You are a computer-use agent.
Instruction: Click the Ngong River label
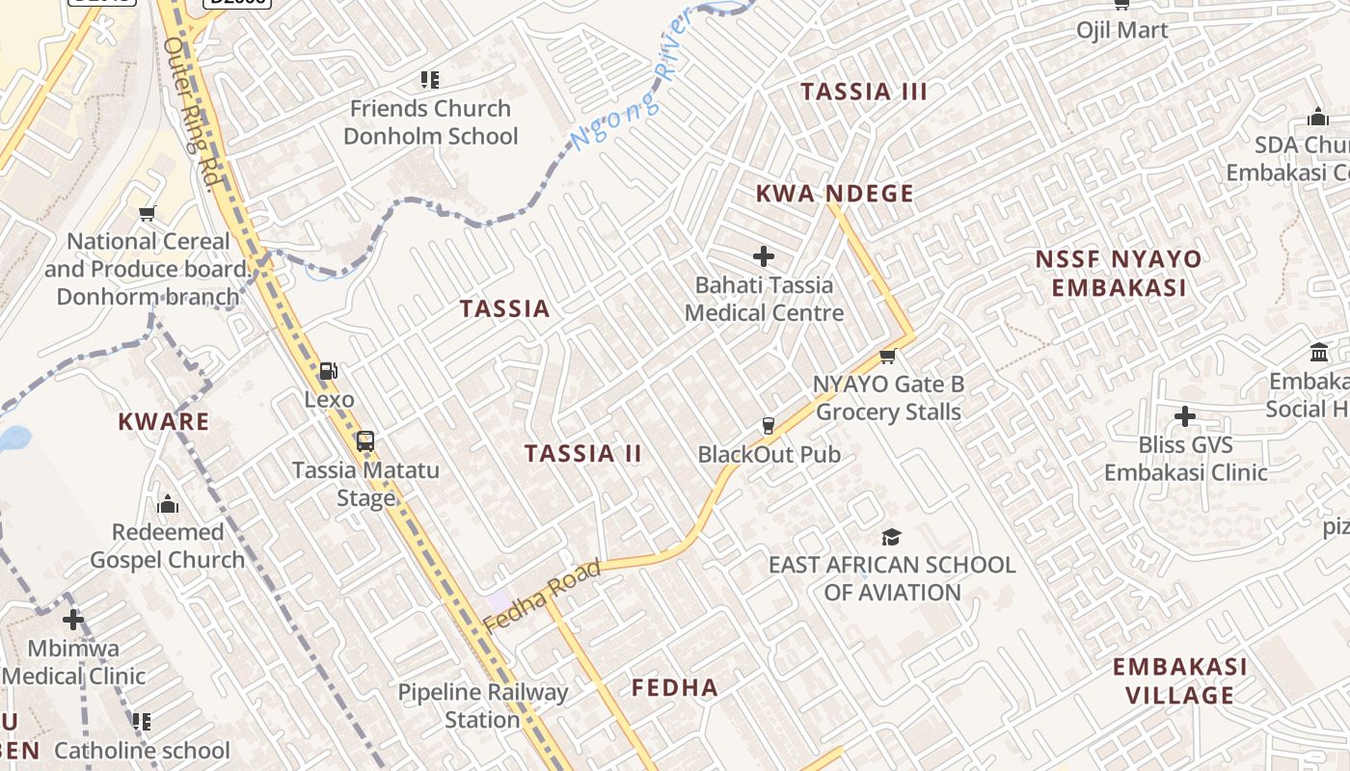tap(633, 80)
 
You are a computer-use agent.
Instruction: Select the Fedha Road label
tap(543, 595)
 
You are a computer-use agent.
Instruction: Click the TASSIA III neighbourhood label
tap(864, 92)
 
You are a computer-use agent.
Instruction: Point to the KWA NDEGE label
tap(835, 193)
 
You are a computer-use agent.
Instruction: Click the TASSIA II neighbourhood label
tap(582, 453)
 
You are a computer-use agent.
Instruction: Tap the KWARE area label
tap(163, 421)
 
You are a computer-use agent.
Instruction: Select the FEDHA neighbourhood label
tap(675, 687)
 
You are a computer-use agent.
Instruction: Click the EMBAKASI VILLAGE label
tap(1179, 680)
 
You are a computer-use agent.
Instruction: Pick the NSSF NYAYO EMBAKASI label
tap(1119, 273)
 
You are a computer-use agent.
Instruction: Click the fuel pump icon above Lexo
tap(329, 371)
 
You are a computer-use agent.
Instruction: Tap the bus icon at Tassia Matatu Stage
tap(365, 442)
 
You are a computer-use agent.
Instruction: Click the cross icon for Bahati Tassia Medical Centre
tap(764, 256)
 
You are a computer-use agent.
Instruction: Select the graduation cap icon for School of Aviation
tap(892, 537)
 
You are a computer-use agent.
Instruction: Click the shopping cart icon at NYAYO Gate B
tap(888, 357)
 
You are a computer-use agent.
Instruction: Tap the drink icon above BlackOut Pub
tap(769, 426)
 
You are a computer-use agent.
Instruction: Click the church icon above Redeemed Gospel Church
tap(168, 504)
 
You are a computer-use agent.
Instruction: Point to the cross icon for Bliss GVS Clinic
tap(1185, 416)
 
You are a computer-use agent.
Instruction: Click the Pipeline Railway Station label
tap(483, 705)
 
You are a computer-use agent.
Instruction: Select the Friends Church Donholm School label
tap(430, 122)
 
